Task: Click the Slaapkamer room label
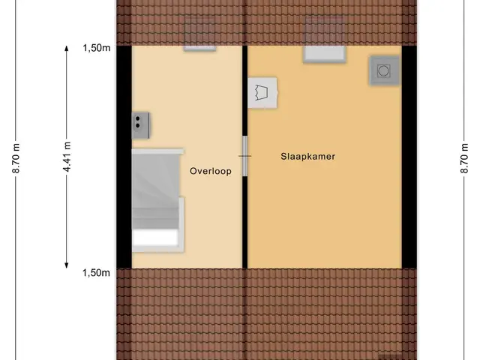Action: pos(307,157)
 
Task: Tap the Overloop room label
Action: pos(211,171)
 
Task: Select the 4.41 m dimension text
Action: pos(67,157)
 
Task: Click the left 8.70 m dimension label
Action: pos(16,158)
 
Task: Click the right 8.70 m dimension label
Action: pos(464,158)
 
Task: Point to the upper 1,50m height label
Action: pos(97,48)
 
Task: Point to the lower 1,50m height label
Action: pos(96,273)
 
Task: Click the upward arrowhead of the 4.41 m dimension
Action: pos(67,48)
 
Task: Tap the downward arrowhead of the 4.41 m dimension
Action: pos(67,265)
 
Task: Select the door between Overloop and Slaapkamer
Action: pos(245,156)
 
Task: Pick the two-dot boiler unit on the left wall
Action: pos(141,125)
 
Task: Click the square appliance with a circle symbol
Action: pos(385,70)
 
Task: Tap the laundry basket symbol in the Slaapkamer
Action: pos(262,93)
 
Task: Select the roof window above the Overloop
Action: pos(199,34)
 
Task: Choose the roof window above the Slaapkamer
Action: pos(325,39)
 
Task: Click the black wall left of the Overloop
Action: pos(124,157)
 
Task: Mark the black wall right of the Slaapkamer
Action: pos(409,157)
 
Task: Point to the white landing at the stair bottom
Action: pos(155,237)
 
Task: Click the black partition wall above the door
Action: pos(245,91)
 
